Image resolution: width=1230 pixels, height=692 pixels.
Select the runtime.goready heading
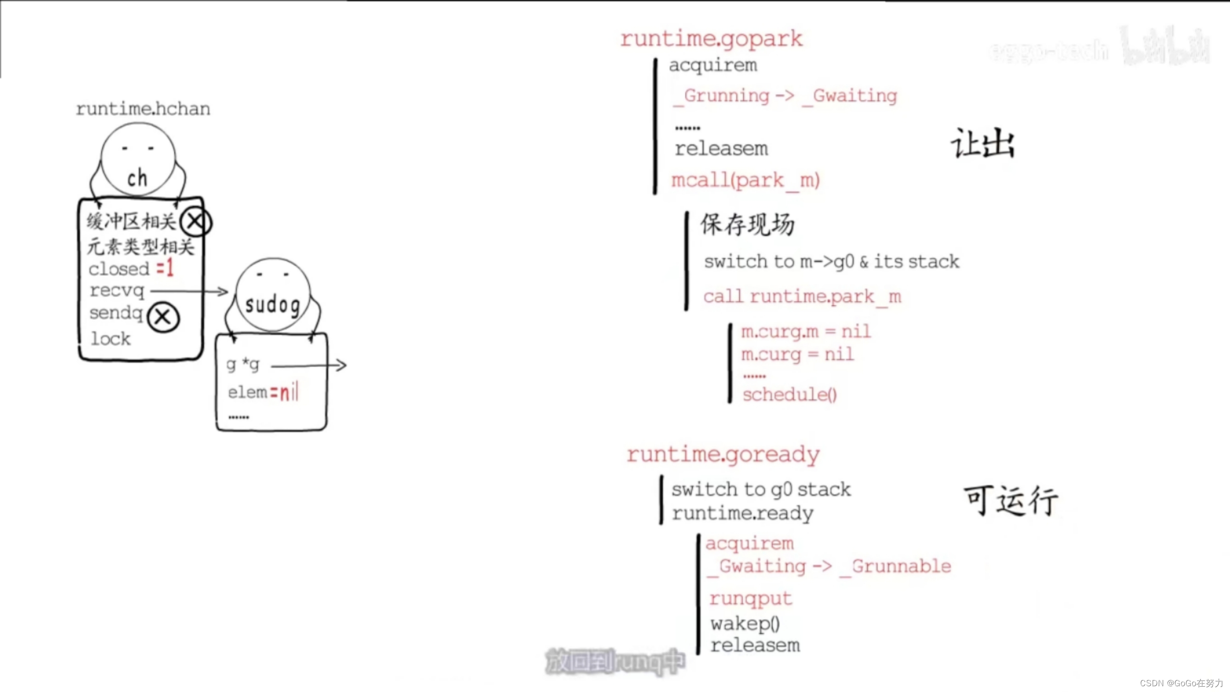(723, 454)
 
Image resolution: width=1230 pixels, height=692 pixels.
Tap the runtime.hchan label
(143, 109)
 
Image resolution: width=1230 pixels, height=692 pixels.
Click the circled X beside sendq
(163, 317)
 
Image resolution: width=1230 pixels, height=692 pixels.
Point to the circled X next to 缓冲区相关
(195, 222)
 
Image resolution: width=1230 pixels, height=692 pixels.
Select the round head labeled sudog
(273, 295)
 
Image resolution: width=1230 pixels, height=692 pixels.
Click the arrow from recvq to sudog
(189, 291)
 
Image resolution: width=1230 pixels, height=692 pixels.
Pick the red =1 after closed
(165, 268)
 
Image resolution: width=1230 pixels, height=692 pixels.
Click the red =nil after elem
(284, 392)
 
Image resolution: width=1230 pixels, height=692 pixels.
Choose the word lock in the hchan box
(111, 339)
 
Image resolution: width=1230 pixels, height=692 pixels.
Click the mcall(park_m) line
(745, 181)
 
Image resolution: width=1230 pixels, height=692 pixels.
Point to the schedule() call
(789, 395)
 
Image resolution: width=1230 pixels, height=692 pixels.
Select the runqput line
(750, 599)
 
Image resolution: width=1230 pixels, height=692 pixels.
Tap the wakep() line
(745, 624)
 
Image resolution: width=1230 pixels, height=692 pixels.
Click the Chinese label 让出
(983, 144)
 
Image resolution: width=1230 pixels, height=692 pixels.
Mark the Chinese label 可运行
(1010, 501)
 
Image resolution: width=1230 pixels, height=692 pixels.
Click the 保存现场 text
(747, 225)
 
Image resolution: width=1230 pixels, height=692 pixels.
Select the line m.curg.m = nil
(806, 331)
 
